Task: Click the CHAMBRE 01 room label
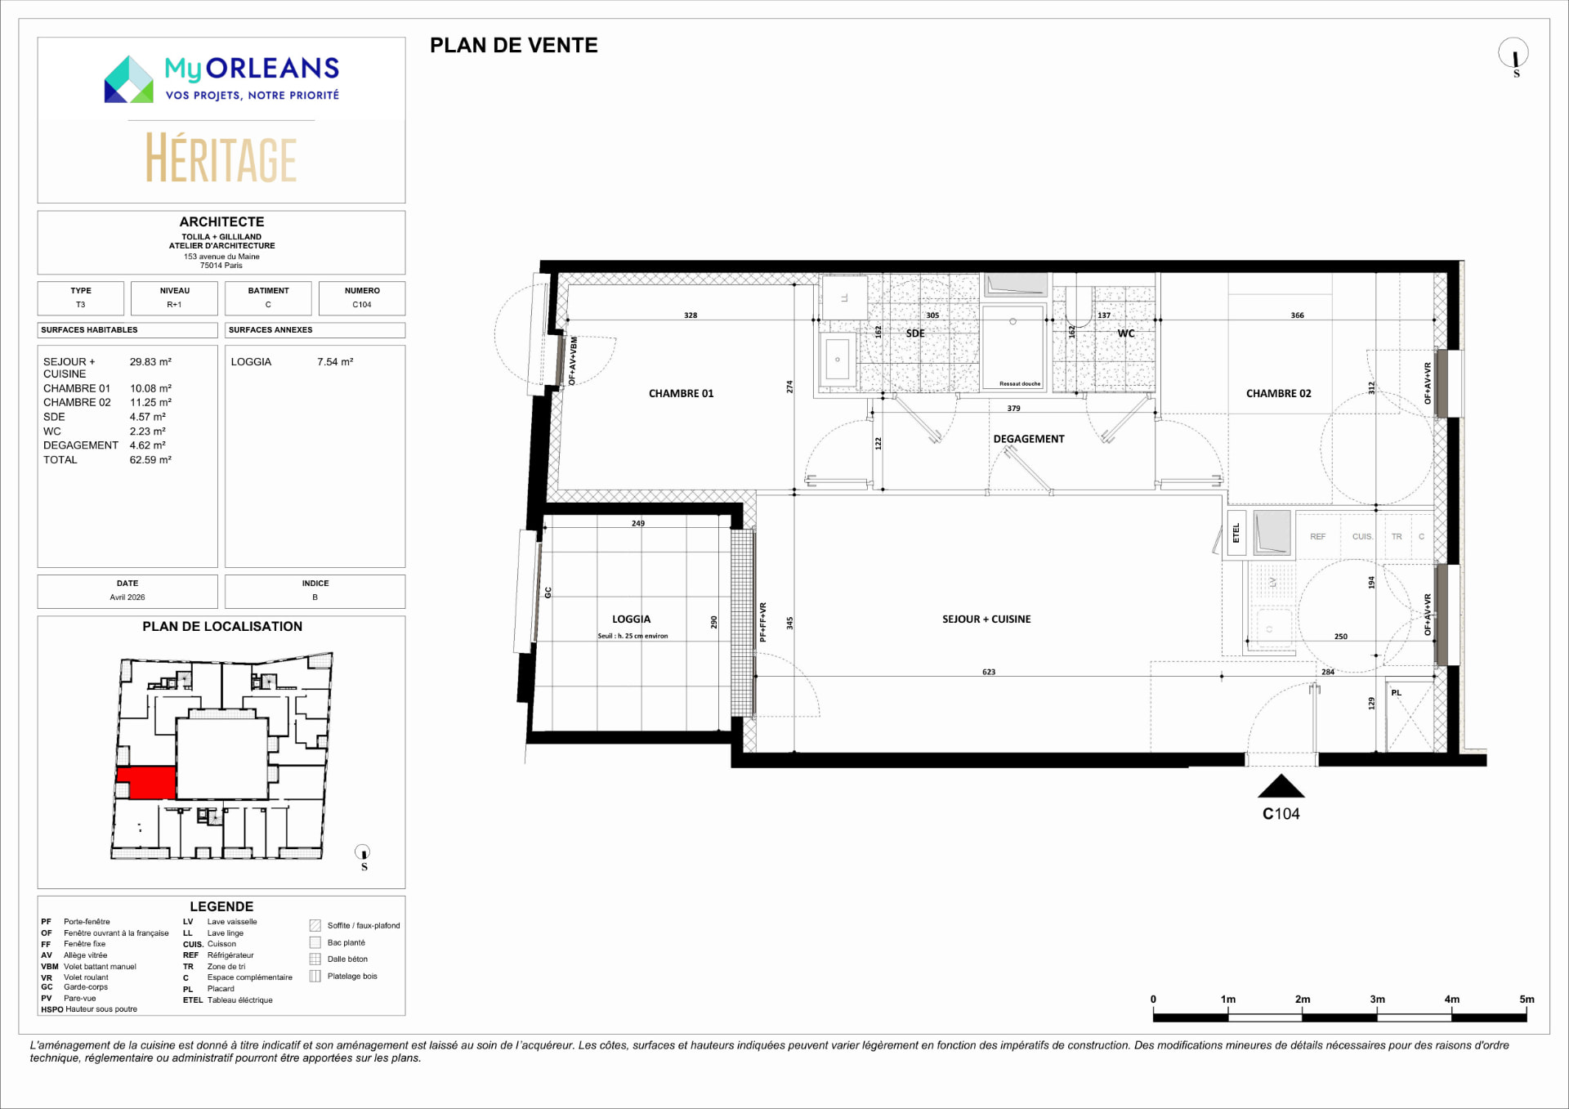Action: pyautogui.click(x=681, y=394)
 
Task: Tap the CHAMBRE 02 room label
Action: pyautogui.click(x=1278, y=394)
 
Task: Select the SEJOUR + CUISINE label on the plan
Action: pyautogui.click(x=986, y=619)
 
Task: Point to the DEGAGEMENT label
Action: pyautogui.click(x=1029, y=439)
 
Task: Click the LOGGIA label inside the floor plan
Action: pyautogui.click(x=632, y=619)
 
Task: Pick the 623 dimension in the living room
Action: pyautogui.click(x=989, y=672)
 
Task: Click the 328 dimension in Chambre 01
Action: pyautogui.click(x=691, y=315)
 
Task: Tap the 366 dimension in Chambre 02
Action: pyautogui.click(x=1298, y=315)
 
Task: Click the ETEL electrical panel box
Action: pyautogui.click(x=1236, y=533)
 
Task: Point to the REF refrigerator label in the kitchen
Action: pyautogui.click(x=1317, y=537)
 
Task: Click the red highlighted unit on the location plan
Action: pyautogui.click(x=146, y=782)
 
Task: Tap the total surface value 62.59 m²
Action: pyautogui.click(x=150, y=460)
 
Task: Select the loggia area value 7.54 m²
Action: pyautogui.click(x=335, y=362)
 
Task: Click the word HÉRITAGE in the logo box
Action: pyautogui.click(x=221, y=159)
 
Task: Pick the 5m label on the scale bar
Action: pyautogui.click(x=1527, y=999)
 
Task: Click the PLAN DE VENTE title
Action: pyautogui.click(x=514, y=46)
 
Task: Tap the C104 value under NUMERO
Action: pyautogui.click(x=362, y=305)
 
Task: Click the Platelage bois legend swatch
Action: pyautogui.click(x=315, y=977)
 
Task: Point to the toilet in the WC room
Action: pyautogui.click(x=1079, y=306)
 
